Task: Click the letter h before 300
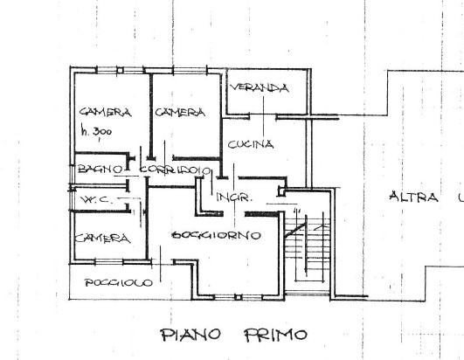point(84,131)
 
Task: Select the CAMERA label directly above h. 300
point(105,113)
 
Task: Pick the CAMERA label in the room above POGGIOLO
point(101,239)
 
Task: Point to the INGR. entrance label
point(235,197)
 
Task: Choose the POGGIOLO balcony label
point(119,282)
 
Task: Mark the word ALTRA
point(413,197)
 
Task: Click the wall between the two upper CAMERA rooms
point(151,114)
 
